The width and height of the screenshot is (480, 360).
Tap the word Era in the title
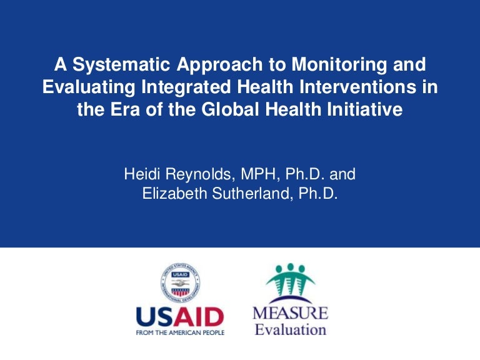[138, 110]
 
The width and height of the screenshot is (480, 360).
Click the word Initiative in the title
[368, 110]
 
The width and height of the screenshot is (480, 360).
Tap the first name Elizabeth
[171, 194]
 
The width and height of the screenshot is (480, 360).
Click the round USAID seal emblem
[179, 282]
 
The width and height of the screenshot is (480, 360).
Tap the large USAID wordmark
[179, 317]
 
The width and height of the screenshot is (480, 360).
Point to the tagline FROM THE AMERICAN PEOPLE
[179, 332]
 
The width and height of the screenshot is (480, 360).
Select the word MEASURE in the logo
[290, 313]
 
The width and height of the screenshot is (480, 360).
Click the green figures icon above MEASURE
[290, 283]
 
